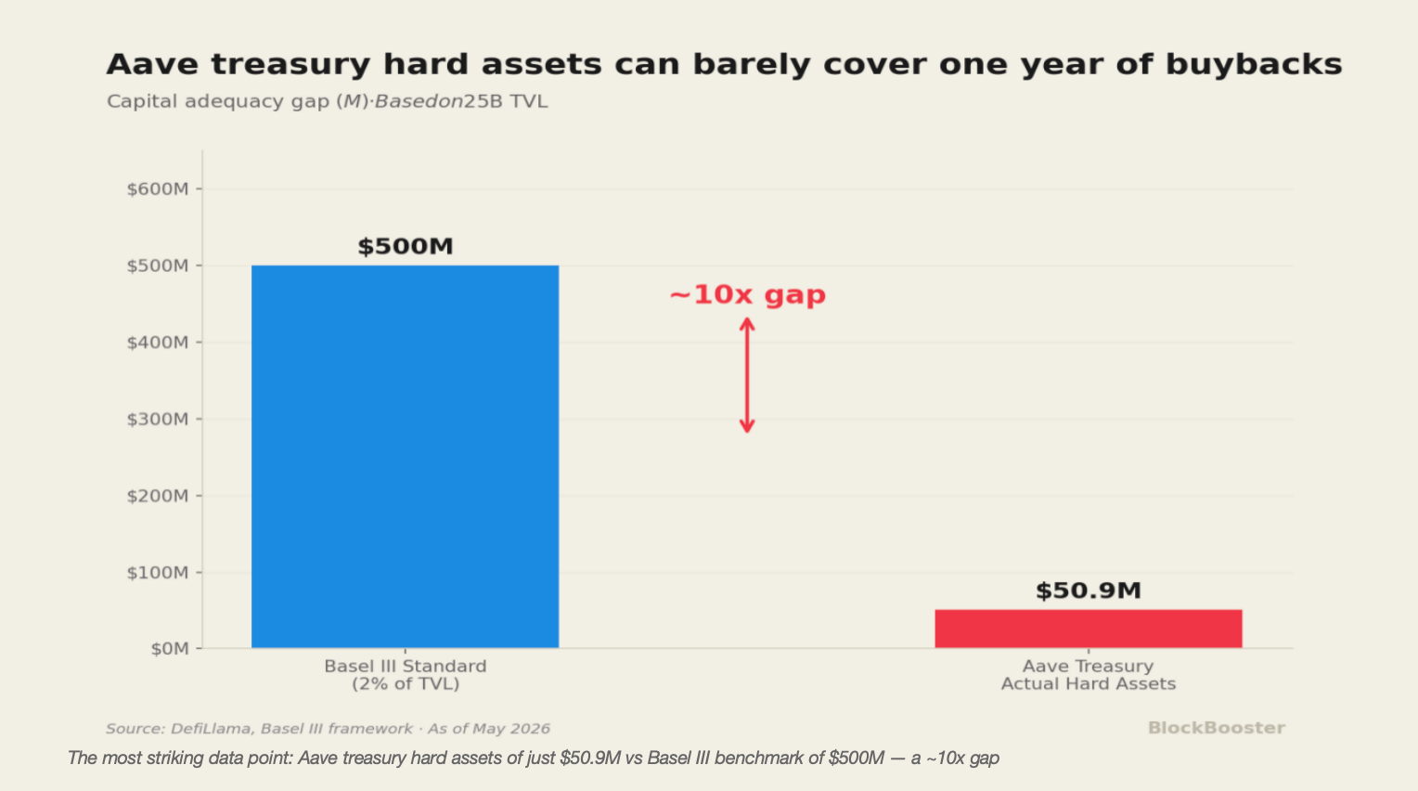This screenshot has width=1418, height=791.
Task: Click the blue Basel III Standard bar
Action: click(406, 457)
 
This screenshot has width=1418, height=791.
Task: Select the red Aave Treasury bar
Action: click(1089, 629)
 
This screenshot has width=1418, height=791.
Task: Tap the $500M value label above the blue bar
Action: click(406, 246)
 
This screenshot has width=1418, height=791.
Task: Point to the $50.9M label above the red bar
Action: click(1089, 590)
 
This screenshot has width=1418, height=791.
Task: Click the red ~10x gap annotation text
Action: click(748, 295)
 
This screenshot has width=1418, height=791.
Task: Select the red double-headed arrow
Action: click(748, 376)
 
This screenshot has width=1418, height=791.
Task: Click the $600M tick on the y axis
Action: click(158, 188)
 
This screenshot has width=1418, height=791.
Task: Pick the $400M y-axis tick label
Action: click(158, 343)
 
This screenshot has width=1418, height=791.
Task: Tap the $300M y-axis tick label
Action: click(158, 420)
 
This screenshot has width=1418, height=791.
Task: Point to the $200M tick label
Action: click(158, 496)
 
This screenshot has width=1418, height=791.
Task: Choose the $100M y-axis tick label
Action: click(158, 573)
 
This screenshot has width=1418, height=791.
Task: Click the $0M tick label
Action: click(170, 649)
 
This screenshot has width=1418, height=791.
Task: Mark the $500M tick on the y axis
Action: click(158, 266)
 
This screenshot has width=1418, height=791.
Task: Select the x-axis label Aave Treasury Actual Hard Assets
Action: click(1089, 675)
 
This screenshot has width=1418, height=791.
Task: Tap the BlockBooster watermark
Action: click(1216, 728)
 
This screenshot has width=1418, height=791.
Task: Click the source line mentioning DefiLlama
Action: click(328, 729)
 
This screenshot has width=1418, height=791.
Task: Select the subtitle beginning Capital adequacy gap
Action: click(327, 101)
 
